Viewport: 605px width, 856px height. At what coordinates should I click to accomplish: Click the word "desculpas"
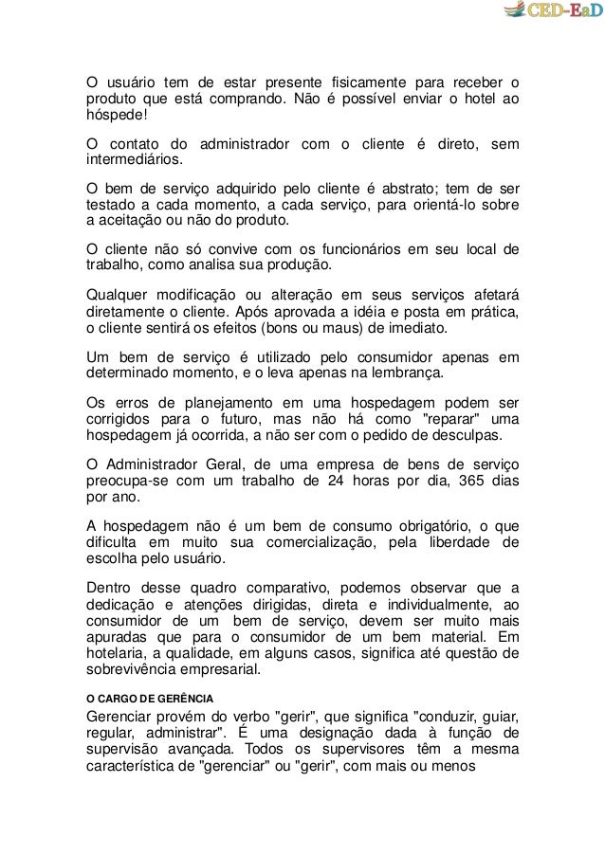(471, 435)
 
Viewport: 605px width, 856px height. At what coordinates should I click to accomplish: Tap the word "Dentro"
(111, 586)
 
